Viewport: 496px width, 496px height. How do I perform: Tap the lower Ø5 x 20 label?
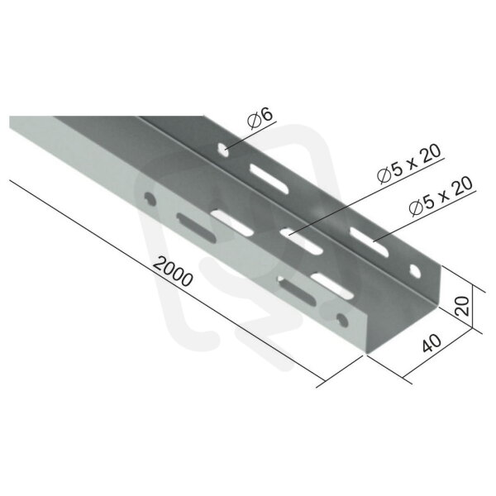click(x=441, y=196)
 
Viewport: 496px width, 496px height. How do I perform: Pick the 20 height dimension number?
click(x=462, y=306)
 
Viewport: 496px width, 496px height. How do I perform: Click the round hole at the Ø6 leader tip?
click(x=224, y=150)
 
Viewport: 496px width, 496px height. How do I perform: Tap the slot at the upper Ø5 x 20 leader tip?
click(x=301, y=242)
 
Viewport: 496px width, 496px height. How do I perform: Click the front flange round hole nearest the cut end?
click(x=342, y=320)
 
